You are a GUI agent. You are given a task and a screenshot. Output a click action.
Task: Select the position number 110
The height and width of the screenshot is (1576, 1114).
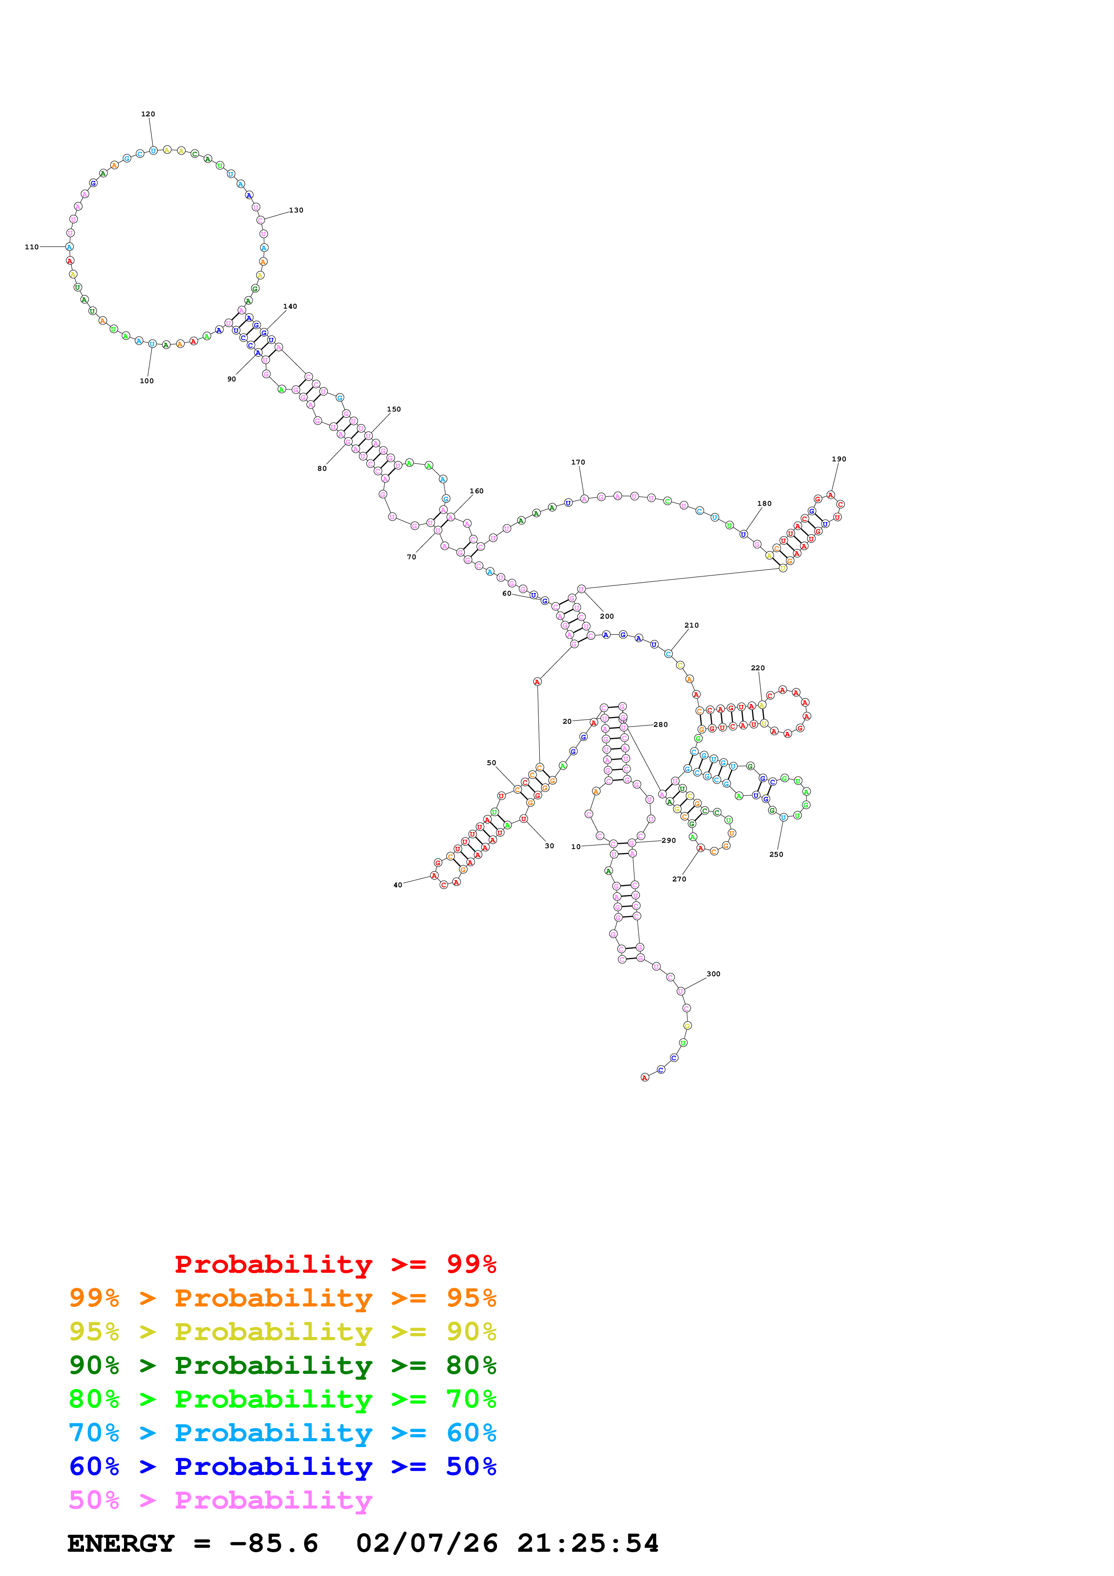(x=31, y=247)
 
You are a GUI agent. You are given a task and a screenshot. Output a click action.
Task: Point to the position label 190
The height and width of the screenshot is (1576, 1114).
(x=839, y=459)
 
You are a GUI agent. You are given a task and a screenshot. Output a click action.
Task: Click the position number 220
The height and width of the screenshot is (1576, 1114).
(x=757, y=668)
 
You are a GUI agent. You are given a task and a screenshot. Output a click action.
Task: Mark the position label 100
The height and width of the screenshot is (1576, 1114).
(x=147, y=381)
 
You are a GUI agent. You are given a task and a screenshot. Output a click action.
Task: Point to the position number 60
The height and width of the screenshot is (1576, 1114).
(x=506, y=594)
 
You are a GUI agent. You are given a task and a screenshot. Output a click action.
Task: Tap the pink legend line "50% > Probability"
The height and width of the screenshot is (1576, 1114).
(x=220, y=1500)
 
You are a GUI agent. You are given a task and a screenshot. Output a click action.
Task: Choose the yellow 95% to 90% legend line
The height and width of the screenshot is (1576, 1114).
(x=282, y=1331)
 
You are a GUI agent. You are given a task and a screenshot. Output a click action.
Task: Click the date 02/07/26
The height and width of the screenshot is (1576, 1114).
(x=427, y=1543)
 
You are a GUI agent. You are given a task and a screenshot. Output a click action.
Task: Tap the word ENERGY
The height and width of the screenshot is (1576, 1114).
(x=121, y=1543)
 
